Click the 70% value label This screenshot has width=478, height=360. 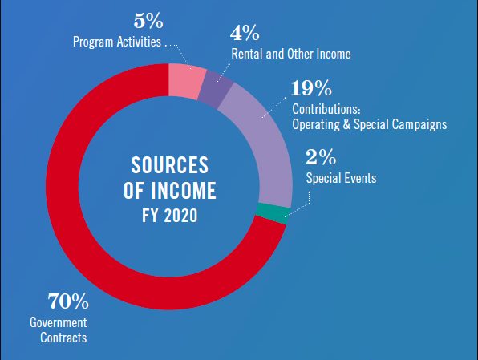(x=68, y=301)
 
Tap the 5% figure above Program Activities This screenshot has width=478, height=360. (x=148, y=21)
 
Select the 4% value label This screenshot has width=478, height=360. (x=245, y=33)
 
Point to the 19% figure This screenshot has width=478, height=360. (x=311, y=88)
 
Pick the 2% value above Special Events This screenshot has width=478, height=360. (x=321, y=157)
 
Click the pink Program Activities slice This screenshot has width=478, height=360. (x=187, y=81)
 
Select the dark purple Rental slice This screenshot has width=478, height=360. (x=216, y=89)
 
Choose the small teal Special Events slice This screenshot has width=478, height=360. (x=272, y=213)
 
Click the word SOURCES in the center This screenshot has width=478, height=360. (x=170, y=165)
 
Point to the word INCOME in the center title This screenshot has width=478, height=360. (x=184, y=191)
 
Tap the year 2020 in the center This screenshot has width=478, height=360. (x=180, y=216)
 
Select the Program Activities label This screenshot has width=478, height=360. (x=117, y=42)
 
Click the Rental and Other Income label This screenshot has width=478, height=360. (x=291, y=54)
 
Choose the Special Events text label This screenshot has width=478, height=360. (x=341, y=178)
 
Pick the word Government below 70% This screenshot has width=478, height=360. (x=59, y=322)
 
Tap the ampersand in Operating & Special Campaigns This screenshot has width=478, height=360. (x=346, y=124)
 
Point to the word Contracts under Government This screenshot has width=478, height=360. (x=63, y=338)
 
